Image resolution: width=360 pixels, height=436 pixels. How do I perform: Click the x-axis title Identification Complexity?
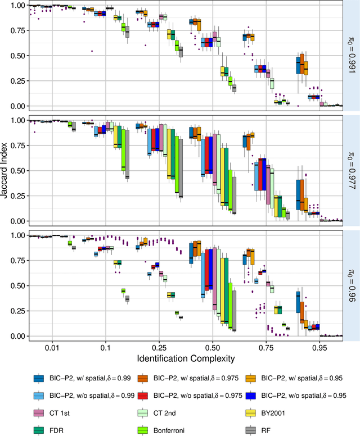(186, 357)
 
